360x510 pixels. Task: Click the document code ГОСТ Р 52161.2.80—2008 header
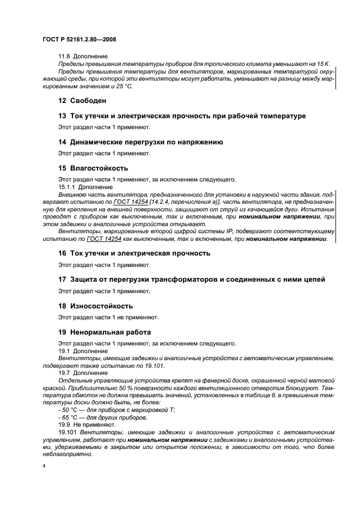tap(79, 39)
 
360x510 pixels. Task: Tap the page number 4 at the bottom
tap(44, 467)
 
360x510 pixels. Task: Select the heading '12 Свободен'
tap(82, 101)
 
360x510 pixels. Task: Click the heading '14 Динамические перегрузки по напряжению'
tap(141, 142)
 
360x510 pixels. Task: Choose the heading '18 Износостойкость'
tap(95, 306)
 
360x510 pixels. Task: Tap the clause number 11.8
tap(65, 56)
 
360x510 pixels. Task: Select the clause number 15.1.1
tap(67, 186)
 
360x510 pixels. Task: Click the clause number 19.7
tap(65, 373)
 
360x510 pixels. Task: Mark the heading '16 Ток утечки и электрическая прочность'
tap(134, 253)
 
